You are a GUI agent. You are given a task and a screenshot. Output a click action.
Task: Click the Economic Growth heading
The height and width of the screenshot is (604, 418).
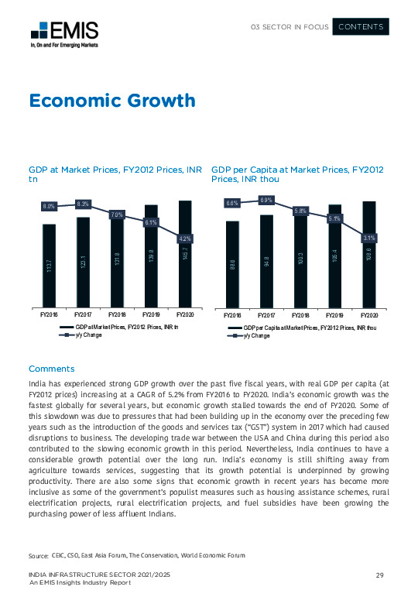(x=111, y=101)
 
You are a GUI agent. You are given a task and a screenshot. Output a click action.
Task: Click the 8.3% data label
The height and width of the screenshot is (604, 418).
(x=84, y=204)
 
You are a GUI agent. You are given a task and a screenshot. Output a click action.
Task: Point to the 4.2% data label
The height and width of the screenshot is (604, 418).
(x=185, y=238)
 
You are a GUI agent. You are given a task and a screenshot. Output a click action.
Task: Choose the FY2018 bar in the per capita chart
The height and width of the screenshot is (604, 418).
(x=300, y=259)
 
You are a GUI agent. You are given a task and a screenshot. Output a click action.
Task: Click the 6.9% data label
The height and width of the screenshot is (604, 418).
(x=266, y=200)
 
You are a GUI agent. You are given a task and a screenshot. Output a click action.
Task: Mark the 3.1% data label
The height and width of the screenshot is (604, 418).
(x=369, y=238)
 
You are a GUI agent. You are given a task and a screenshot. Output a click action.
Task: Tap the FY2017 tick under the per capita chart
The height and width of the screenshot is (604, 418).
(x=266, y=316)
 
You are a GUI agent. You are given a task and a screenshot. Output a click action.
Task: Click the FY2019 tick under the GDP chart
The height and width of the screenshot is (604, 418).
(x=151, y=316)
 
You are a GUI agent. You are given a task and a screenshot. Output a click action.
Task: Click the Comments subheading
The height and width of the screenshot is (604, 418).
(x=51, y=368)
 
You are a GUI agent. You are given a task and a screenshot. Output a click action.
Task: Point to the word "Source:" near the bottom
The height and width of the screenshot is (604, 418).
(x=39, y=557)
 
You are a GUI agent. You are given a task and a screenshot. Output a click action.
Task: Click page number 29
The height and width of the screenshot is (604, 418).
(x=380, y=574)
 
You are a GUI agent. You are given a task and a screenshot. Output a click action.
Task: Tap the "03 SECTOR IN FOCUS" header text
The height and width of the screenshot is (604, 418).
(x=290, y=27)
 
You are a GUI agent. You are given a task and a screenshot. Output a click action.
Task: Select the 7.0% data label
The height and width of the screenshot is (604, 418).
(x=118, y=214)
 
